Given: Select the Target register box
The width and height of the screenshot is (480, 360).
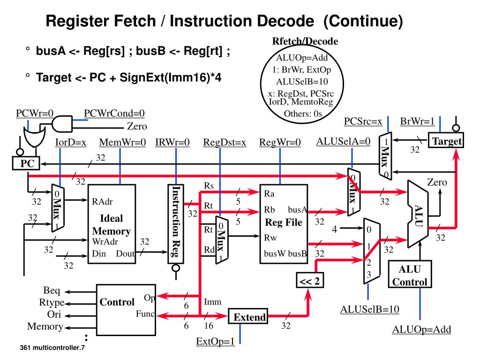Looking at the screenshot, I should click(x=446, y=141).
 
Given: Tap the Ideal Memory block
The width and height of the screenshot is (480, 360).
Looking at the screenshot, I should click(x=112, y=224).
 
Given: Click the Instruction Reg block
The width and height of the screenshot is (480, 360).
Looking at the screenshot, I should click(x=176, y=224).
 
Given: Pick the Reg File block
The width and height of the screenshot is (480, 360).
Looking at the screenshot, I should click(x=284, y=224).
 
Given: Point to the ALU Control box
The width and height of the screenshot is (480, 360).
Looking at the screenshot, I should click(x=410, y=276).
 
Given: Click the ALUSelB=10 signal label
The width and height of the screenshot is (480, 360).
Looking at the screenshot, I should click(x=369, y=309).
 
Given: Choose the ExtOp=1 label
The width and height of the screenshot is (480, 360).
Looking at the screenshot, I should click(x=215, y=341).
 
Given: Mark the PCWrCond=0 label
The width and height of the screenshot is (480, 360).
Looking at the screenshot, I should click(x=114, y=113).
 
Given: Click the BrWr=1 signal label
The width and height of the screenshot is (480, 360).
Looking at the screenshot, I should click(x=417, y=122).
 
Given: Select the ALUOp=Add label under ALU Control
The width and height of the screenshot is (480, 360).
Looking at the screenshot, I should click(x=421, y=330).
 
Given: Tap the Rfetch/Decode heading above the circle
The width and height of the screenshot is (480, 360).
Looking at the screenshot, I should click(x=305, y=42).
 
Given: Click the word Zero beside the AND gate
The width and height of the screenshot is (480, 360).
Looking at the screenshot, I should click(x=137, y=126).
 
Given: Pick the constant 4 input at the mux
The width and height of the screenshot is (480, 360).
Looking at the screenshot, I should click(x=335, y=229).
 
